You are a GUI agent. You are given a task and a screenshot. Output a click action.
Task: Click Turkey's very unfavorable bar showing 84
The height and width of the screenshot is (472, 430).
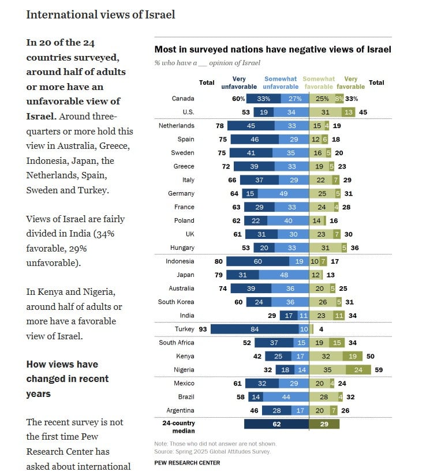pos(255,329)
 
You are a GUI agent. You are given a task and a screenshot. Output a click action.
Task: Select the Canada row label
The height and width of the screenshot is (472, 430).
pos(183,99)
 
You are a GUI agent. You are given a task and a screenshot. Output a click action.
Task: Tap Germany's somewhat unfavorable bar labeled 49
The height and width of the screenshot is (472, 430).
pos(283,193)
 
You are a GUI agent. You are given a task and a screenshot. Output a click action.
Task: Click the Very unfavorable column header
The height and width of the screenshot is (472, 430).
pos(239,83)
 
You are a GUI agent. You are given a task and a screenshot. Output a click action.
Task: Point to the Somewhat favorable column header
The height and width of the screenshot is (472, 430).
pos(319,83)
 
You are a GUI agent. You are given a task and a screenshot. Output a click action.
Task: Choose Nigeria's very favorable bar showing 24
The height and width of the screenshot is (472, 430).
pos(358,370)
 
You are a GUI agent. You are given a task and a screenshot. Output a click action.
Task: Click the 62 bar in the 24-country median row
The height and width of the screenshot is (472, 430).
pos(276,424)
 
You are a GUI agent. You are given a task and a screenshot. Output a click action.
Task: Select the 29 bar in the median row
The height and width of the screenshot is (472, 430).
pos(324,424)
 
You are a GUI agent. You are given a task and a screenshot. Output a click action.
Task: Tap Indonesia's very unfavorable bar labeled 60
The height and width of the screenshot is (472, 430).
pos(258,261)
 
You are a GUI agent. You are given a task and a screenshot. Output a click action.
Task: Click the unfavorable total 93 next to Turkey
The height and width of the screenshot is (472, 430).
pos(203,329)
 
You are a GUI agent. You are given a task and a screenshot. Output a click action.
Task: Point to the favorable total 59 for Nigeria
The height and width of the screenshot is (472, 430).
pos(379,370)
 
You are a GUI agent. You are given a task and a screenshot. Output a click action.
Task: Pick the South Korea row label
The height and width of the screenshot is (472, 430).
pos(176,302)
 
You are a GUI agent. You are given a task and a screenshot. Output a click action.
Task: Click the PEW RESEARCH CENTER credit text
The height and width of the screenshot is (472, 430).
pos(187,463)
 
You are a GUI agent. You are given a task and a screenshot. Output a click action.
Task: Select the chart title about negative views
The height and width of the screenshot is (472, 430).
pos(273,50)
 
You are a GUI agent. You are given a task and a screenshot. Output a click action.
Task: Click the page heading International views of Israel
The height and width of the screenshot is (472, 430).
pos(100,14)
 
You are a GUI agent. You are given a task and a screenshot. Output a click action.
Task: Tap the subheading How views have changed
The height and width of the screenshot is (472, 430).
pos(68,379)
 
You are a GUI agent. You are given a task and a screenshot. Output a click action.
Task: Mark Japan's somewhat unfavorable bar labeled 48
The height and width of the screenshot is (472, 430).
pos(284,275)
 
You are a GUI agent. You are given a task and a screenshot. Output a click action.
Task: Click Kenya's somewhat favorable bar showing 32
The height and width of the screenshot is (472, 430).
pos(326,356)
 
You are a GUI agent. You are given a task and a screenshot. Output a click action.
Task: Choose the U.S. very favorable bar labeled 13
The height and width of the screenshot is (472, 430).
pos(349,113)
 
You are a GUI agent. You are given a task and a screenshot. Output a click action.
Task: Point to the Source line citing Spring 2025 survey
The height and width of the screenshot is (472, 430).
pos(212,452)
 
